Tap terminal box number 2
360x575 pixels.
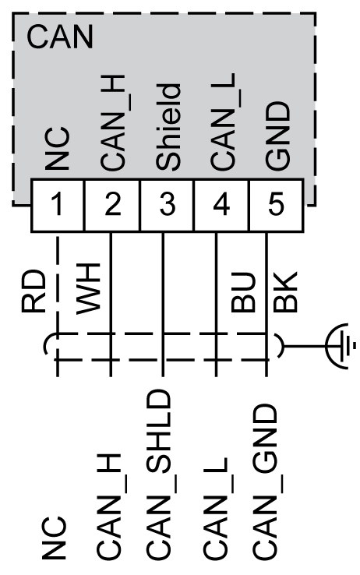111,206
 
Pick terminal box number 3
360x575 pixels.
166,206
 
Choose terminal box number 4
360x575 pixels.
220,206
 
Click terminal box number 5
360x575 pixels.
274,206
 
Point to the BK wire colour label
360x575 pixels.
286,295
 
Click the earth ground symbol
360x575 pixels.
341,342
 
